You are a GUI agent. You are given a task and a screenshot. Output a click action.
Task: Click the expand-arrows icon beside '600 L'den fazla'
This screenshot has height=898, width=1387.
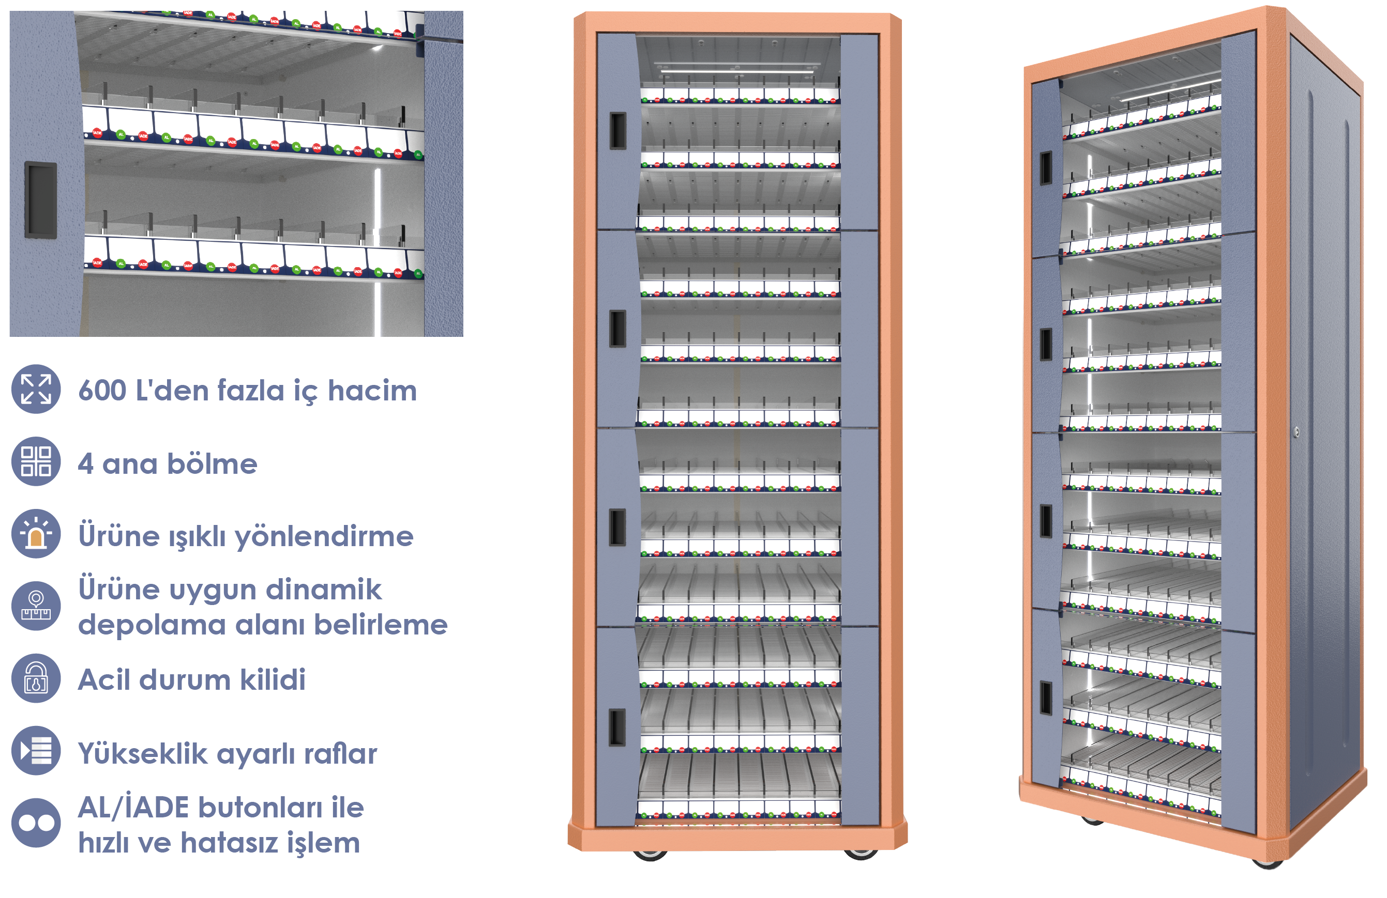pos(36,389)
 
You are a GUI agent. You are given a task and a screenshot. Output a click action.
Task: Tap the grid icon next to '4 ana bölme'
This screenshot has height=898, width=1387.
pos(36,461)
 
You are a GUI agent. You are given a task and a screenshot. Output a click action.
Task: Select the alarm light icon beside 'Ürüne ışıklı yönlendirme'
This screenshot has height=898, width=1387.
pos(36,533)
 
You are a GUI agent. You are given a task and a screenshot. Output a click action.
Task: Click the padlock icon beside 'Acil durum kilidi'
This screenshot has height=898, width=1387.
pos(36,678)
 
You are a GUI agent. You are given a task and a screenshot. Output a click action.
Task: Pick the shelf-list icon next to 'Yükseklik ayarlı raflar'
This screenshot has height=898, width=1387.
pos(36,750)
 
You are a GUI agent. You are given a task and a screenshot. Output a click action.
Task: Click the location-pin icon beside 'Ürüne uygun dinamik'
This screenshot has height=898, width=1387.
pos(36,606)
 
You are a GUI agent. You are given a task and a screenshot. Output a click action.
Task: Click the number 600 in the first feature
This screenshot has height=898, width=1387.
pos(102,390)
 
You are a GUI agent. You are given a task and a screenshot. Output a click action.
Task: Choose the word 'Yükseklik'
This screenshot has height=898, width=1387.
pos(142,753)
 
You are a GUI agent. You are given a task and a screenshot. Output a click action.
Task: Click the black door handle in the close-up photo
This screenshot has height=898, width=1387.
pos(40,200)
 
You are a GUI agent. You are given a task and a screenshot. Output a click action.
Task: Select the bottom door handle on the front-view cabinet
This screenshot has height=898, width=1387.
pos(617,727)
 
